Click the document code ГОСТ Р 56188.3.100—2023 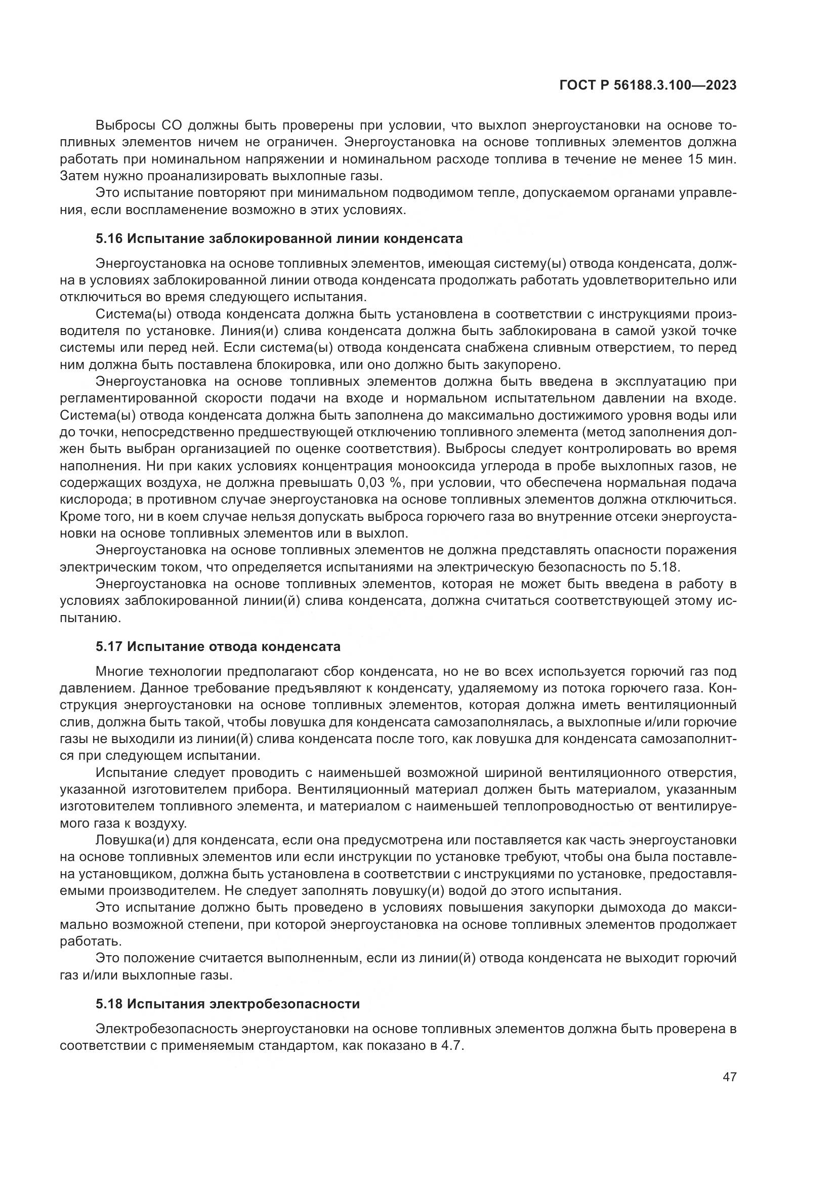[648, 86]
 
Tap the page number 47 [729, 1077]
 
